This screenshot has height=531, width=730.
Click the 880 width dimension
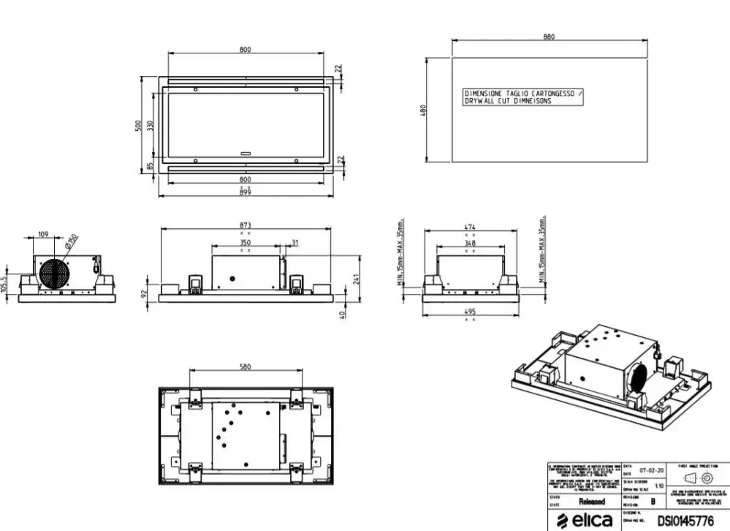click(x=549, y=37)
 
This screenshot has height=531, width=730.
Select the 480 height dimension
click(x=422, y=110)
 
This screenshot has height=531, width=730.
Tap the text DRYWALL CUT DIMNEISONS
click(x=508, y=102)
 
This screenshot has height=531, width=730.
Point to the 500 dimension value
click(x=138, y=125)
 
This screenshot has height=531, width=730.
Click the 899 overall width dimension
click(x=245, y=192)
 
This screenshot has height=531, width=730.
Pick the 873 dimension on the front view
click(x=245, y=225)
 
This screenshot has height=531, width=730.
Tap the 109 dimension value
click(x=43, y=234)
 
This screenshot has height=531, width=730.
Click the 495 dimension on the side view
click(x=471, y=312)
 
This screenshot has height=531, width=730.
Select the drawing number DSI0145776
click(x=685, y=521)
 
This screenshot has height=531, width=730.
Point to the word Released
click(x=592, y=502)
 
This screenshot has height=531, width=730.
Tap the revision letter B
click(x=653, y=502)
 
